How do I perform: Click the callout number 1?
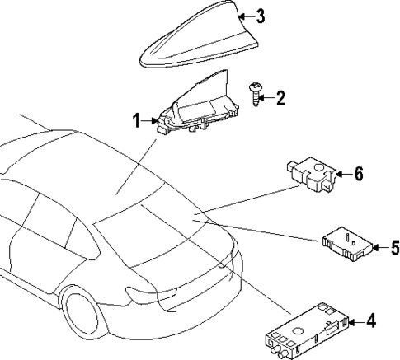[x=137, y=123]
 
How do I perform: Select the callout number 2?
[x=280, y=100]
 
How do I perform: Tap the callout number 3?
[x=260, y=15]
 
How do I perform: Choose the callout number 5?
[x=394, y=246]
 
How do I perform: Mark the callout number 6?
[x=359, y=175]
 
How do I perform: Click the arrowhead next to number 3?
[x=244, y=15]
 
